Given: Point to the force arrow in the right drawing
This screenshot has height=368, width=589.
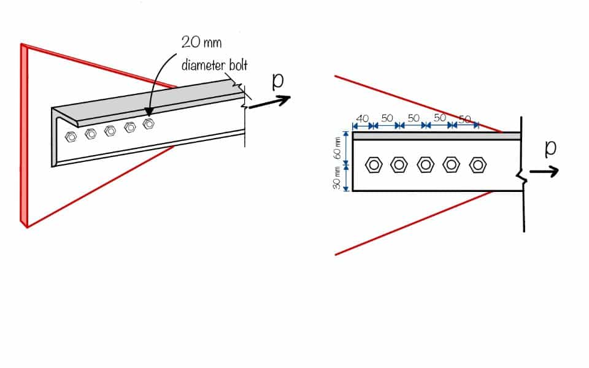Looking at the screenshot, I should [544, 171].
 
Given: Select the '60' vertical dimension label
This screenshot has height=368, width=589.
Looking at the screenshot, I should [337, 147].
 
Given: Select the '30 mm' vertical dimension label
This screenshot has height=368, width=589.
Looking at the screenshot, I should [337, 178].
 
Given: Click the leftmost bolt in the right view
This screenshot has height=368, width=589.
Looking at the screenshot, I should [374, 165].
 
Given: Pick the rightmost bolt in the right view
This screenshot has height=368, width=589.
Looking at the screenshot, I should [478, 165].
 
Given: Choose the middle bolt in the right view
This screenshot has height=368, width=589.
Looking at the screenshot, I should [426, 165].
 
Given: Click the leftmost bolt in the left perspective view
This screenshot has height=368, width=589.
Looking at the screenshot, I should [71, 136].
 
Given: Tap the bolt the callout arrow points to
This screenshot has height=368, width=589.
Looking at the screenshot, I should [148, 124].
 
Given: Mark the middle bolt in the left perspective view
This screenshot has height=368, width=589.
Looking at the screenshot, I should [110, 130].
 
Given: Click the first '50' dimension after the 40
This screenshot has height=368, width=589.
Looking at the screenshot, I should [387, 118].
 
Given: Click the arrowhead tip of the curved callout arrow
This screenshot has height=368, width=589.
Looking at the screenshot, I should [147, 115].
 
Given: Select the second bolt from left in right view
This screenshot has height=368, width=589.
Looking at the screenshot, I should [399, 165].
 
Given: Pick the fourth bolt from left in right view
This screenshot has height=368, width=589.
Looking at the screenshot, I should [452, 165].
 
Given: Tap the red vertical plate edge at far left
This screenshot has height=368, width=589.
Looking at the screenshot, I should [24, 135].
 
